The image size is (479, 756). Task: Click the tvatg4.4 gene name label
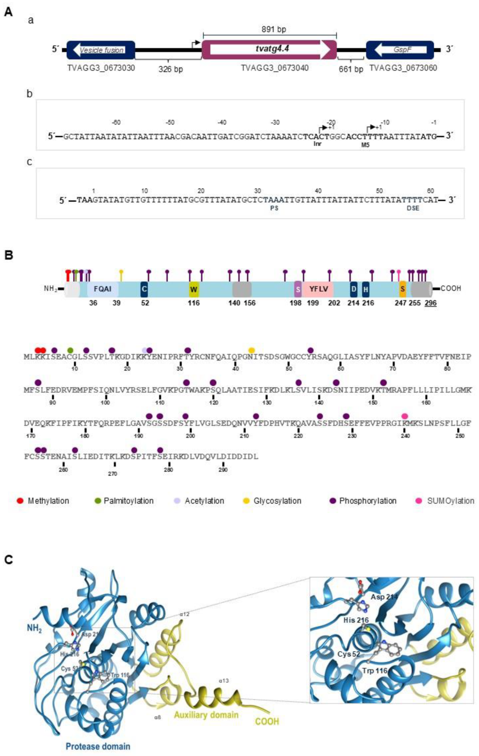(x=272, y=48)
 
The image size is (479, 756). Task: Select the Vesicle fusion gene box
(x=101, y=50)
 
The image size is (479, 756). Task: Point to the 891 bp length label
(x=274, y=29)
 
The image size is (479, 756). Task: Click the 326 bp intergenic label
(x=170, y=69)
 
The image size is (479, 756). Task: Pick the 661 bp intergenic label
(x=351, y=69)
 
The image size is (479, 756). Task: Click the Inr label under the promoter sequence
(x=317, y=144)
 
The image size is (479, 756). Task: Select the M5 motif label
(x=365, y=144)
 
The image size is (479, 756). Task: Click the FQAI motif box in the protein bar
(x=103, y=289)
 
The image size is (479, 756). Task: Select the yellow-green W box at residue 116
(x=194, y=289)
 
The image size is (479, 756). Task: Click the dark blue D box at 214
(x=353, y=289)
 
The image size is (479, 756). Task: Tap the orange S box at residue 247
(x=402, y=289)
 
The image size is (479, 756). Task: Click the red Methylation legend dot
(x=20, y=501)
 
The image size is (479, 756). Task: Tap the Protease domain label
(x=98, y=746)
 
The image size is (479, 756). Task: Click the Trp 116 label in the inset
(x=374, y=670)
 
